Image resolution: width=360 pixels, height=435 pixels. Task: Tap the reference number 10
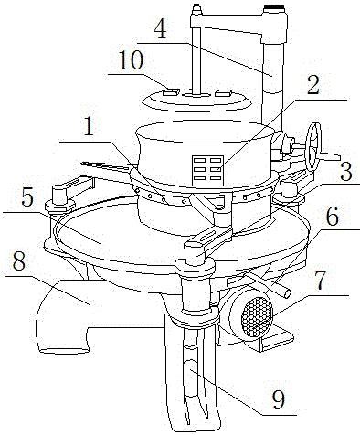131,60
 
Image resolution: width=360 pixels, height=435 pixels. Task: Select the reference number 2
313,86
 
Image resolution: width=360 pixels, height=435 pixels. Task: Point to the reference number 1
89,126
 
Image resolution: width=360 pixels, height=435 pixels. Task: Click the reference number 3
346,172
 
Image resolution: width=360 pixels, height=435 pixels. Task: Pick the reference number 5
27,199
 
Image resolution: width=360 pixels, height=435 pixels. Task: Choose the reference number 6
333,217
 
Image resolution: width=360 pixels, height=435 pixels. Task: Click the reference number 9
279,399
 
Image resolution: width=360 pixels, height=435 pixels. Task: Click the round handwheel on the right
313,147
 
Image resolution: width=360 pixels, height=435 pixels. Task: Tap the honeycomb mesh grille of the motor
257,316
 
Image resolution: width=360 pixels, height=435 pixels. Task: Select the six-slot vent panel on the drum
207,170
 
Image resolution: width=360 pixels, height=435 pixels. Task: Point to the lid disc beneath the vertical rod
197,100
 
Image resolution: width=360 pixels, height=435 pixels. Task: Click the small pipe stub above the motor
267,283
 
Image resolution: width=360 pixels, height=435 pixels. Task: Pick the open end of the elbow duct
63,341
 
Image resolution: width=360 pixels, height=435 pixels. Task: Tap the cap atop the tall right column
274,10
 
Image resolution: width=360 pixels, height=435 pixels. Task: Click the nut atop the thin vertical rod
196,9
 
